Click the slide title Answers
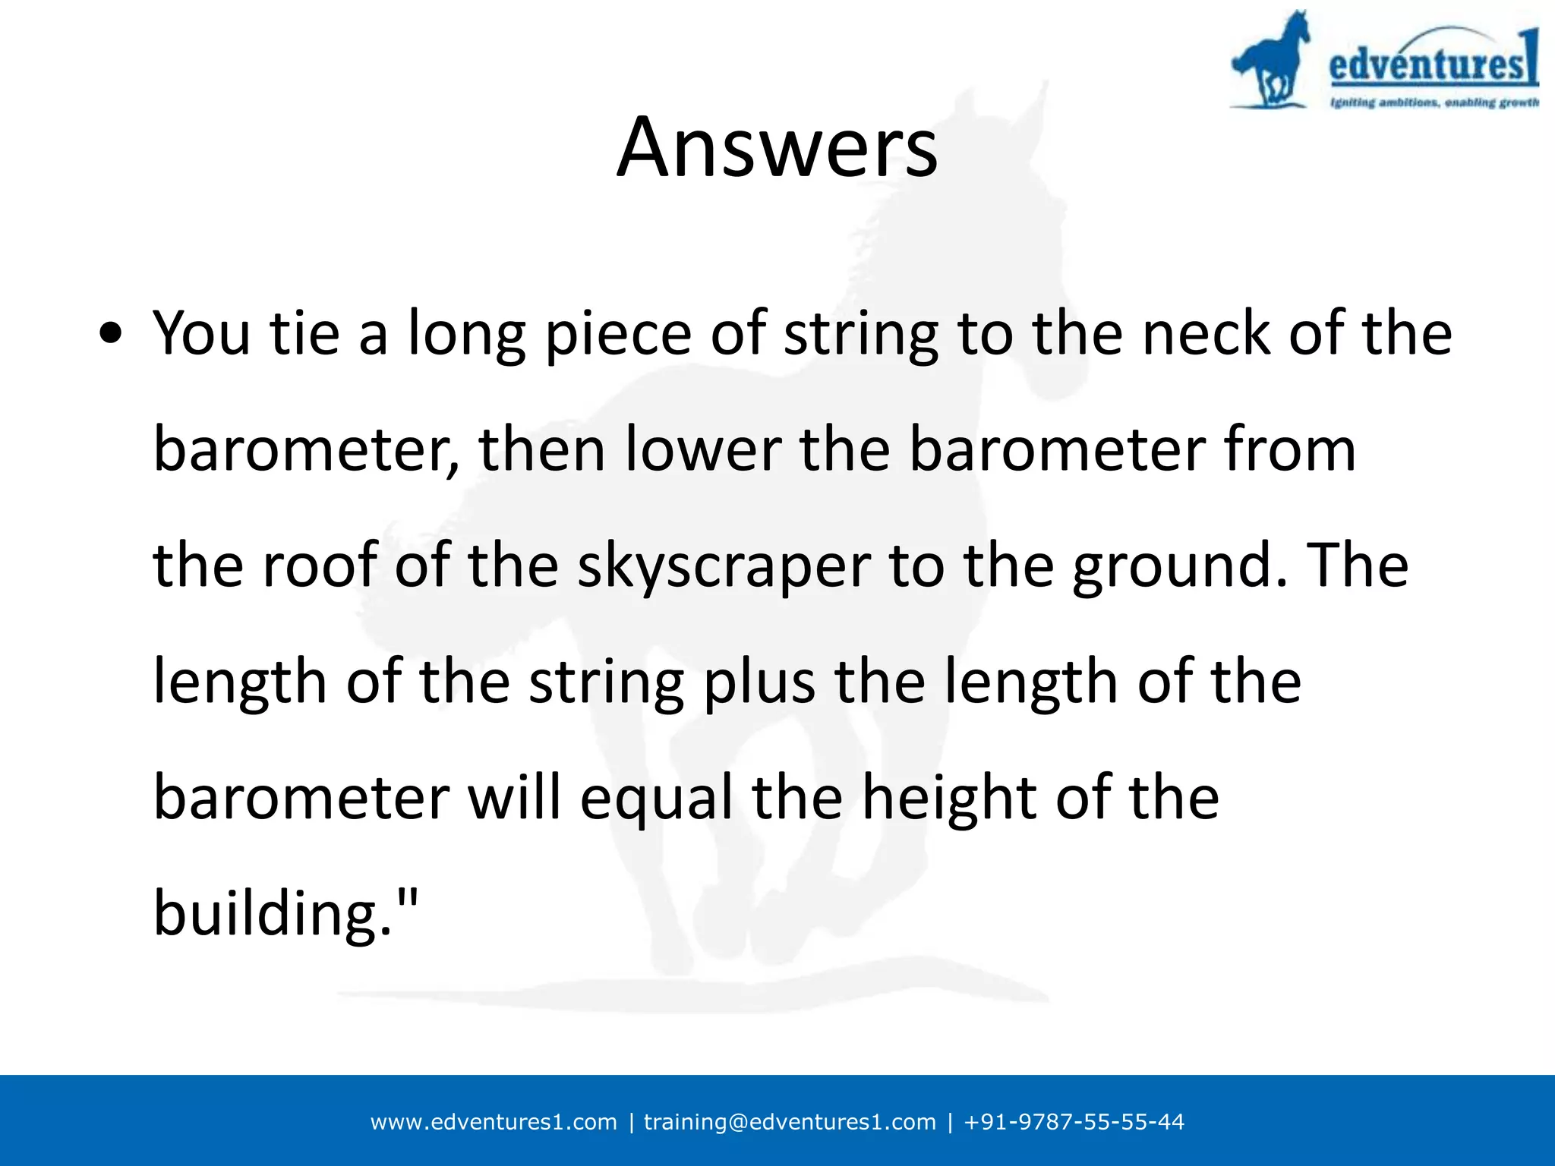777,147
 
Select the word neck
1206,334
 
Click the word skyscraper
724,566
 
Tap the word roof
319,565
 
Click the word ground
1173,566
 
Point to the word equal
657,799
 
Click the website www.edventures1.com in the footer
494,1122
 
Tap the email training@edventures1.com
790,1122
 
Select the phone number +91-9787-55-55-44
1074,1122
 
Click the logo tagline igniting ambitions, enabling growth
1434,102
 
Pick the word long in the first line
466,334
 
